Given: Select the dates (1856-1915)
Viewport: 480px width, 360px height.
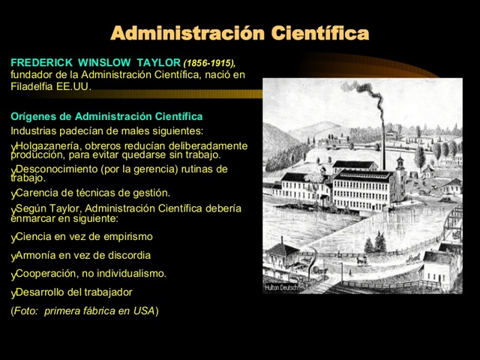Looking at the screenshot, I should (209, 63).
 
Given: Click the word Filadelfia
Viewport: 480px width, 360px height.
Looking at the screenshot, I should (32, 86).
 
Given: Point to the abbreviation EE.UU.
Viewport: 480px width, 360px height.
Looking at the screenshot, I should (73, 86).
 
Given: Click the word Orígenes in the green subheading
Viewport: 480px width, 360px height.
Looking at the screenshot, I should (31, 117).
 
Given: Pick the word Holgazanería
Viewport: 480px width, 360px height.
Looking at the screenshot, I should (49, 145).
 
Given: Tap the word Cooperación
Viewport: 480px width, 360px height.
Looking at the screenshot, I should (46, 274).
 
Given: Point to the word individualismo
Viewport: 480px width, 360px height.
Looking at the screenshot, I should (132, 274).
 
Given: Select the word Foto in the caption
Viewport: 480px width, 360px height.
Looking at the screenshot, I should (25, 310).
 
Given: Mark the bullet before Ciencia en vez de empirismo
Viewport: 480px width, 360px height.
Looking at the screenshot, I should (13, 238).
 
